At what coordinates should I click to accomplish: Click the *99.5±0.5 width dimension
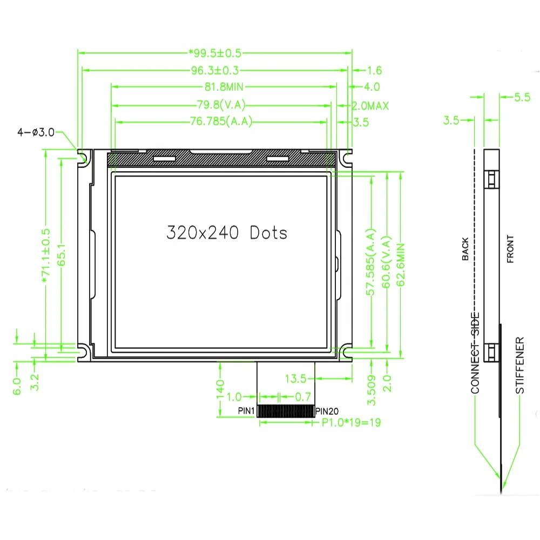click(x=215, y=53)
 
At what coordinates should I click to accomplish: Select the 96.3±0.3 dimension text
click(x=215, y=70)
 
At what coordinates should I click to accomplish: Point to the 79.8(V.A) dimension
click(x=222, y=105)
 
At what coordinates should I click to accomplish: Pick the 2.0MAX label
click(x=370, y=106)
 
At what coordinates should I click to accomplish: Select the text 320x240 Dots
click(x=226, y=233)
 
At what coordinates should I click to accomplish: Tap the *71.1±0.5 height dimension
click(x=45, y=255)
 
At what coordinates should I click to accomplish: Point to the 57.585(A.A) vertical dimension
click(x=371, y=262)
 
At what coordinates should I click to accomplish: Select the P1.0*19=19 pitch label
click(x=351, y=423)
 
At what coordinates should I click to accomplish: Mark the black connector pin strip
click(x=286, y=411)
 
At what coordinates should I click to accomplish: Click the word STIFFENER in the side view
click(x=519, y=366)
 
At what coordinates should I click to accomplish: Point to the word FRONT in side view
click(x=510, y=249)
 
